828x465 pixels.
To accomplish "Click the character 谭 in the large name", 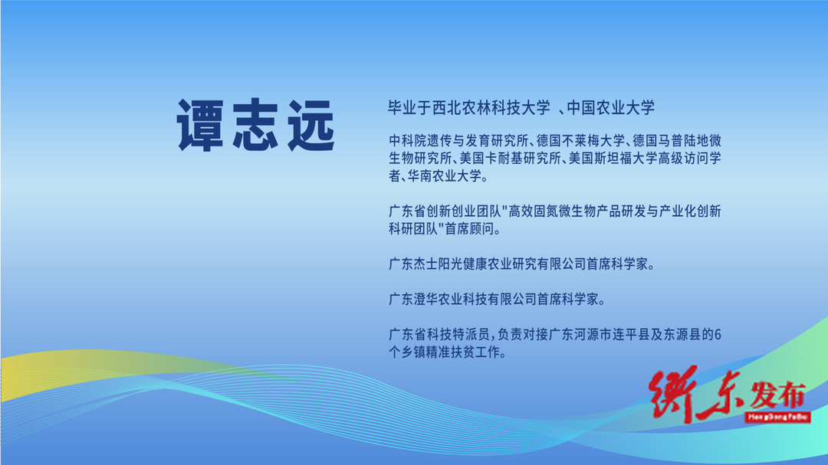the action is click(201, 125).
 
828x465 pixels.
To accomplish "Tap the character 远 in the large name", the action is click(311, 125).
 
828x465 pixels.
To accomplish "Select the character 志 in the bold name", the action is click(256, 125).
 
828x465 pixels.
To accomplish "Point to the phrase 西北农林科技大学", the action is click(491, 108).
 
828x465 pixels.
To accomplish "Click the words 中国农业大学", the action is click(611, 108).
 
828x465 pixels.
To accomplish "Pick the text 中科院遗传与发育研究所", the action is click(458, 141).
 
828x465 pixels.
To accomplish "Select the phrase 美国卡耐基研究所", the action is click(510, 159).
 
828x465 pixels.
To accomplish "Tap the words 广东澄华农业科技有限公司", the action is click(462, 300).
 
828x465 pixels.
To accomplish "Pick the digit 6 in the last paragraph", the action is click(718, 335).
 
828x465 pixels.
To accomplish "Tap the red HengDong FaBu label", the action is click(777, 418).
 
